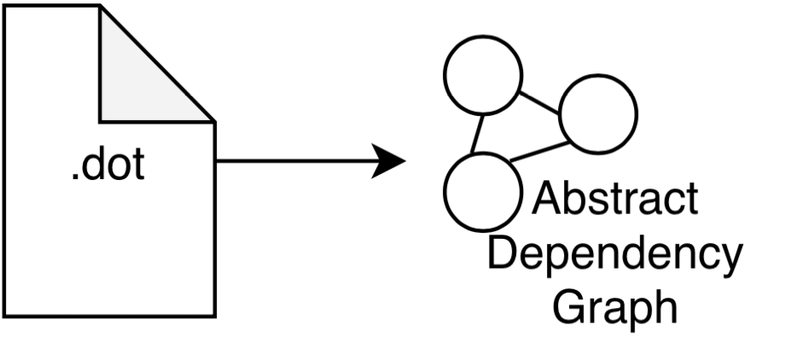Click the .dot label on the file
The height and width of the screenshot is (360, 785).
108,165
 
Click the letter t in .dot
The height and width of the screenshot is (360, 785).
137,165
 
